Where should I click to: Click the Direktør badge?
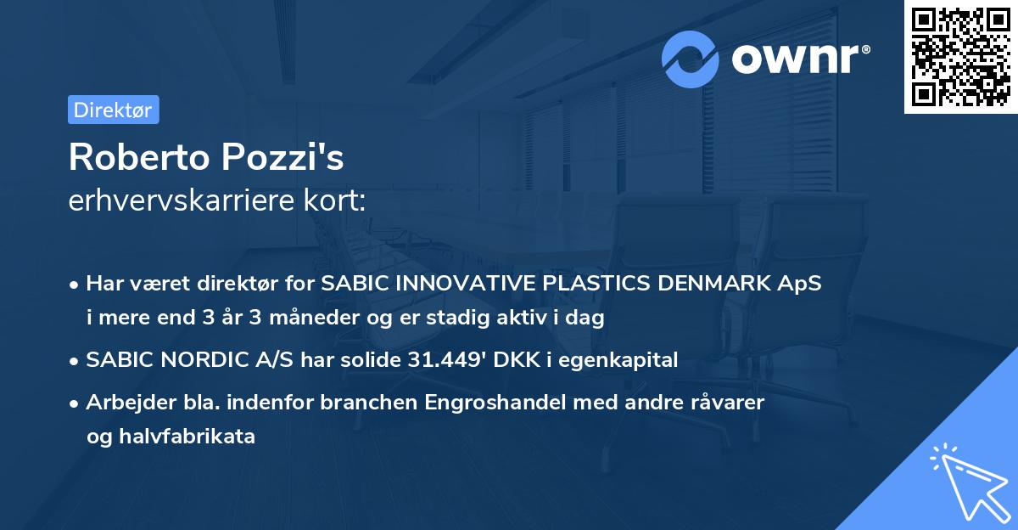coord(113,110)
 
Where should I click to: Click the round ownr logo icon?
coord(691,59)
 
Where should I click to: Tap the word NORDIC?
coord(187,360)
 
